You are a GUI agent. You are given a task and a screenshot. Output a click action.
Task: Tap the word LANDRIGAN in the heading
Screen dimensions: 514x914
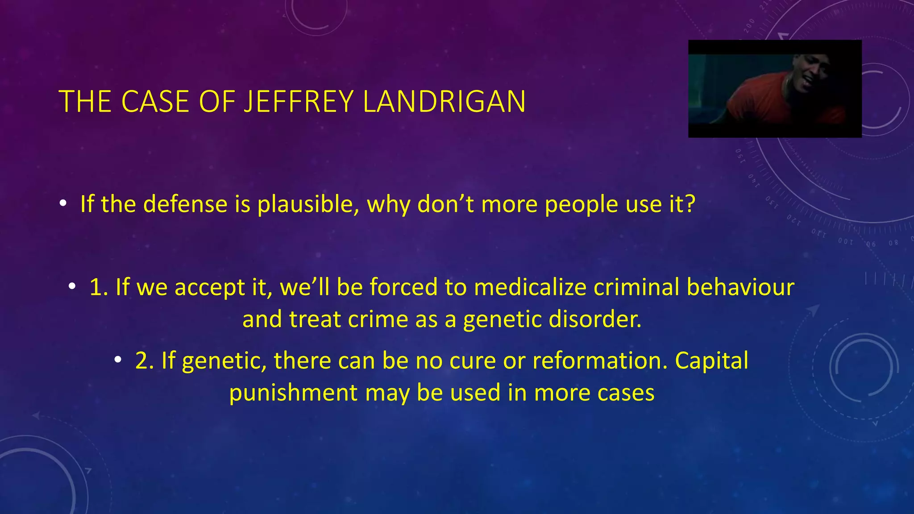pos(444,102)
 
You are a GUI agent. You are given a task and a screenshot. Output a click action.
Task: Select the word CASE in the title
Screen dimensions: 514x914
pos(156,102)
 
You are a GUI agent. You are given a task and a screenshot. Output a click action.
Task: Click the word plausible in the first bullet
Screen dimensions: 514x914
pos(307,204)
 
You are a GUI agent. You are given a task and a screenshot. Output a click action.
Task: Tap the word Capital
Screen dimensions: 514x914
pos(711,361)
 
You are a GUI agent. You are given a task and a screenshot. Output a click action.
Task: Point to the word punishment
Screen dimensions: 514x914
pos(293,394)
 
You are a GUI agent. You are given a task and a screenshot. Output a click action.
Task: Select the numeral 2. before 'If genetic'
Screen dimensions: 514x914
pos(144,361)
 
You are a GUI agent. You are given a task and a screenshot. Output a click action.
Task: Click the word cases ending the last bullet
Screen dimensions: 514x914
pos(626,394)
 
